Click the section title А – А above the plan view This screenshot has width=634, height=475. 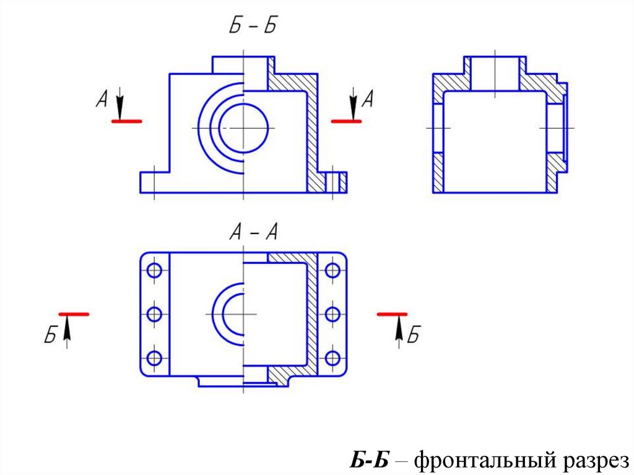(x=254, y=233)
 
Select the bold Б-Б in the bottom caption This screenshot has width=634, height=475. (x=369, y=460)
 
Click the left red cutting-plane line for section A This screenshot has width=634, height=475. (x=126, y=121)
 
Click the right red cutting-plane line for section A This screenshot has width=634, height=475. (x=346, y=121)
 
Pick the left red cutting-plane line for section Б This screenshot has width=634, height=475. (x=74, y=315)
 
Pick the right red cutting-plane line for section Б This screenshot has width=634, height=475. (x=392, y=315)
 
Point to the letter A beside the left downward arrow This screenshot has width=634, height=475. (x=103, y=99)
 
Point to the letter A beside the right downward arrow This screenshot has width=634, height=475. (x=367, y=99)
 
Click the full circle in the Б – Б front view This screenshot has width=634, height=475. (x=243, y=128)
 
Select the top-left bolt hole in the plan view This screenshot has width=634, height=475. (x=155, y=271)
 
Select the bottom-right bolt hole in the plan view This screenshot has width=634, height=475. (x=333, y=358)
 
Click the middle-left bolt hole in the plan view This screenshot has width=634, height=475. (x=155, y=314)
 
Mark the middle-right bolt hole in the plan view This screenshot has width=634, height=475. (x=333, y=314)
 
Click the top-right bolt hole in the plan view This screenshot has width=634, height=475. (x=333, y=271)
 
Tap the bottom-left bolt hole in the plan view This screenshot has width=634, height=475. (x=155, y=358)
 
